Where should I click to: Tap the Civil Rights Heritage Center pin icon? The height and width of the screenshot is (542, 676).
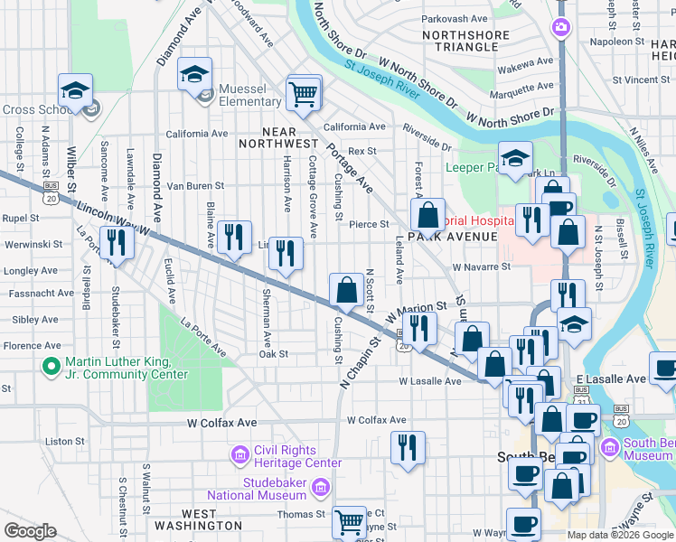coord(240,453)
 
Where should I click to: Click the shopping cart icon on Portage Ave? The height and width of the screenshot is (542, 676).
coord(304,92)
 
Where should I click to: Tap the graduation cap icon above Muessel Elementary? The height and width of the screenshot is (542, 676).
coord(194,74)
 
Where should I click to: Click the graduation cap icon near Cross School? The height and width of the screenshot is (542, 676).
coord(75,90)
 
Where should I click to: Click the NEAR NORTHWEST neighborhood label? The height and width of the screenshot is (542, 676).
coord(278,143)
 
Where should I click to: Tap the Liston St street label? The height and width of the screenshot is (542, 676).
coord(64,442)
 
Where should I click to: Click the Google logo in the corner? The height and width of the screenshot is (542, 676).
coord(31,530)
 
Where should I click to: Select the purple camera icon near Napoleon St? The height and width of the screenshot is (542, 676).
coord(561,28)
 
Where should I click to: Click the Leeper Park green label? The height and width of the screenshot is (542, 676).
coord(471,168)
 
